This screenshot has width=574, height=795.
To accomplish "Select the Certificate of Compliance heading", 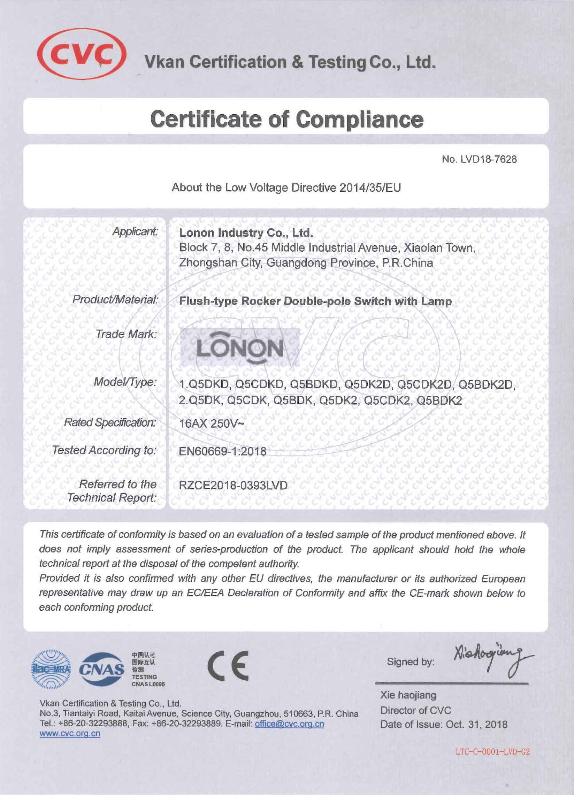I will [286, 119].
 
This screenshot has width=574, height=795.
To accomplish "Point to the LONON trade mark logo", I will [240, 347].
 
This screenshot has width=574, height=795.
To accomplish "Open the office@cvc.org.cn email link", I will [290, 714].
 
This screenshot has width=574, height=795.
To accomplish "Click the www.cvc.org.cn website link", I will [70, 724].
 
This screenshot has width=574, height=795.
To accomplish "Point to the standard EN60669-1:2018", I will [222, 451].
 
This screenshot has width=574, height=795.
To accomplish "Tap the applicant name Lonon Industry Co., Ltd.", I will [245, 233].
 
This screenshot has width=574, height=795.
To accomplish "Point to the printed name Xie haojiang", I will [408, 695].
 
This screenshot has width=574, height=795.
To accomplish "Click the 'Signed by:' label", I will [410, 662].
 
